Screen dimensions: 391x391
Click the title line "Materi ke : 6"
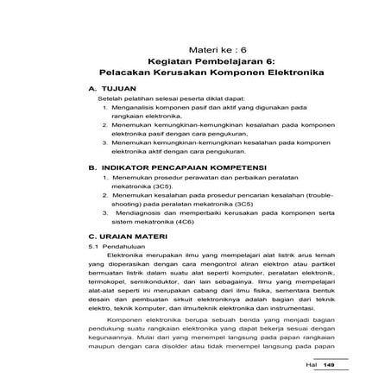(x=211, y=50)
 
